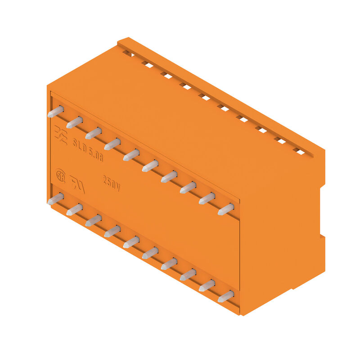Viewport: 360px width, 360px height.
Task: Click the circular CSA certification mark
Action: click(60, 174)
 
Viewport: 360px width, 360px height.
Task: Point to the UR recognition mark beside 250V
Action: click(77, 184)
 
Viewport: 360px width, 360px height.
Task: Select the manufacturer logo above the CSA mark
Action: click(61, 133)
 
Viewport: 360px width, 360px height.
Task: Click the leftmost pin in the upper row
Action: click(55, 112)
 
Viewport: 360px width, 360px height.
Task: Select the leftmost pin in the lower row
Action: click(55, 199)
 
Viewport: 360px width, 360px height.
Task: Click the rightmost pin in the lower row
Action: click(226, 297)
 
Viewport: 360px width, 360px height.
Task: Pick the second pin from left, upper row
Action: click(74, 122)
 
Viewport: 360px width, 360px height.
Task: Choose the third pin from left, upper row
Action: click(93, 133)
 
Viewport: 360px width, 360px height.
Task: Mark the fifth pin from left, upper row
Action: click(131, 155)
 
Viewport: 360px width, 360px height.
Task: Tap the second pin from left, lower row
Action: click(74, 210)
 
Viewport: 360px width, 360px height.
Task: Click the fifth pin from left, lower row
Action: click(131, 242)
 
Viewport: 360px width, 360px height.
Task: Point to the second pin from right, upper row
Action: click(207, 198)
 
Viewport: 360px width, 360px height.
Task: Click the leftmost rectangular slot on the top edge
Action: click(128, 54)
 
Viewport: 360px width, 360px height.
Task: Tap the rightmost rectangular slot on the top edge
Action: click(300, 152)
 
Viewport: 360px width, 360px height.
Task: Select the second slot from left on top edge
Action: click(148, 65)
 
